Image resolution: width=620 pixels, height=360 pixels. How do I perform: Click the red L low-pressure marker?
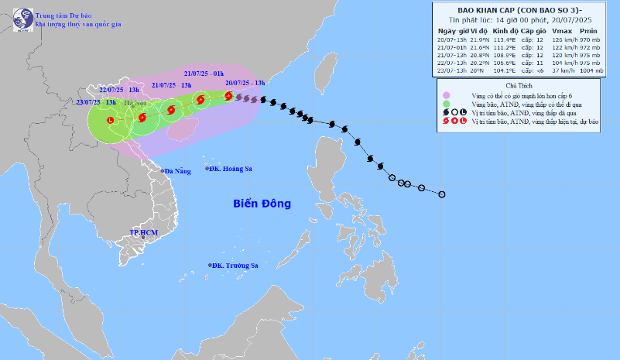point(110,121)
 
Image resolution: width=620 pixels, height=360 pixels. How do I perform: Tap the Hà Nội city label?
point(132,101)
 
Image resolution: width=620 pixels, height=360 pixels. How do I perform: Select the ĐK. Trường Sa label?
point(235,266)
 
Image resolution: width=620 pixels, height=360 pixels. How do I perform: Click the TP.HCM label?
point(143,232)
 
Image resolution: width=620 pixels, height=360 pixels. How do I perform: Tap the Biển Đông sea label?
point(262,204)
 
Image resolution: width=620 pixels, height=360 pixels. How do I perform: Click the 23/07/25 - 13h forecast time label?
point(96,101)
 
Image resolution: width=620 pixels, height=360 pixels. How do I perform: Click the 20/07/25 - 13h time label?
point(245,81)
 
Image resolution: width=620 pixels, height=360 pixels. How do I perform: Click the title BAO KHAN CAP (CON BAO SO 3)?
point(522,9)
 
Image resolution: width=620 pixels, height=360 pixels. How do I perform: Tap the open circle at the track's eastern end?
point(441,194)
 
